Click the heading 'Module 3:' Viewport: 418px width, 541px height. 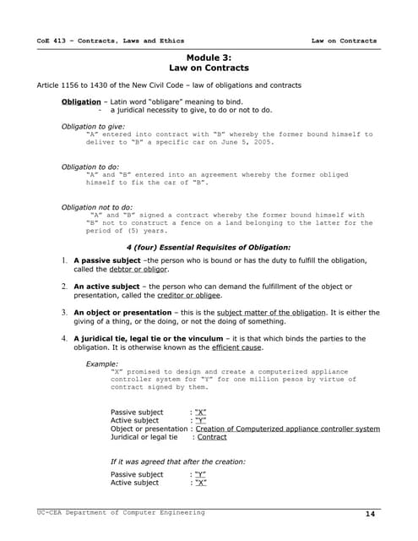[208, 57]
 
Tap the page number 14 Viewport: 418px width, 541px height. [370, 514]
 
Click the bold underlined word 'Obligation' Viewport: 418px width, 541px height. [81, 101]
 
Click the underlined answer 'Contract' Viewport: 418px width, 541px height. [212, 437]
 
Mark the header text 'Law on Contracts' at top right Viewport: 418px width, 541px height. [344, 41]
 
